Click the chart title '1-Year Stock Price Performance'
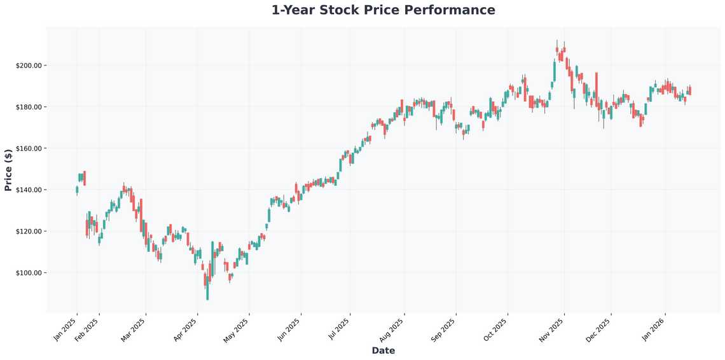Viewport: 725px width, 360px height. pos(383,10)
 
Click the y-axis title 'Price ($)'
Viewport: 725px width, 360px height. pos(8,170)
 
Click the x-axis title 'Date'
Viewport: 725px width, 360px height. pos(383,350)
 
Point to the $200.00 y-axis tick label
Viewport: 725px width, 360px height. pos(29,66)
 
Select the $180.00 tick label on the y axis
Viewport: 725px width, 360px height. pos(29,107)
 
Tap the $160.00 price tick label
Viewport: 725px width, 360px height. pos(29,148)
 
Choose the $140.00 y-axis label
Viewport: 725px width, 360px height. pos(29,190)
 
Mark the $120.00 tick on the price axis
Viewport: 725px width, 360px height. pos(29,232)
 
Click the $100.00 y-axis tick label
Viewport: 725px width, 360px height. pos(29,273)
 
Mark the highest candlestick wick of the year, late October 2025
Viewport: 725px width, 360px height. pos(557,42)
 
